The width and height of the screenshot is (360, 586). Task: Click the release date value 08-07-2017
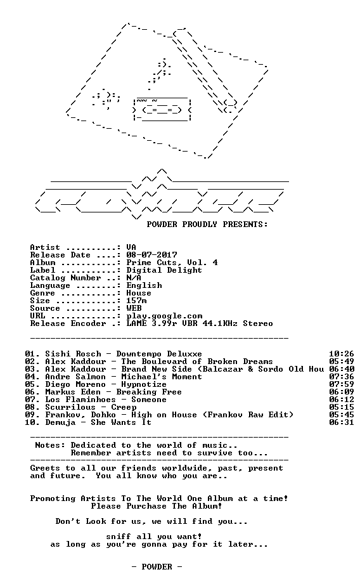151,255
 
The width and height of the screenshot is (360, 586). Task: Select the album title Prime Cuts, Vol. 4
172,263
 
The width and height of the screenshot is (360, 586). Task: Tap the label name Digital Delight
164,270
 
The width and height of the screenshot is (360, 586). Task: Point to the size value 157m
136,301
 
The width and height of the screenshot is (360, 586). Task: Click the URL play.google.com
164,316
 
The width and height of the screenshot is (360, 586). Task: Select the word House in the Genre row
139,293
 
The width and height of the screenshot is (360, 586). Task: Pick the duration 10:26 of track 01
342,354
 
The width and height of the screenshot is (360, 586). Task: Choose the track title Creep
124,407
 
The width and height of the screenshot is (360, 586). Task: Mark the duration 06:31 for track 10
342,422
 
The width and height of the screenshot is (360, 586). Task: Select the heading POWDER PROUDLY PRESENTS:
207,225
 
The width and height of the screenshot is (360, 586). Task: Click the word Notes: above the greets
50,445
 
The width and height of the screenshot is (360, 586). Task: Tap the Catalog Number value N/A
134,278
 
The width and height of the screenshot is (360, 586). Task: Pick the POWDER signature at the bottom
157,567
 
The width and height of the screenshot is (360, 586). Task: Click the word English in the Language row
144,285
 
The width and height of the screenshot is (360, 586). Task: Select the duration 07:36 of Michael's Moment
342,377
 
